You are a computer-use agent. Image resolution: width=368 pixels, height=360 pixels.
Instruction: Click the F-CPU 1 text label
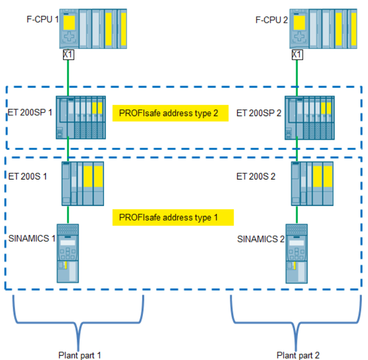(42, 21)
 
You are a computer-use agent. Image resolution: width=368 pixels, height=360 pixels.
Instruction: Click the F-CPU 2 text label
(272, 21)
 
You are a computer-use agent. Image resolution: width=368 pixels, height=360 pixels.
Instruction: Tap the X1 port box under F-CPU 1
(68, 54)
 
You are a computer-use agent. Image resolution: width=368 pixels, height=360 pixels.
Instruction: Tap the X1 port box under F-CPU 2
(298, 54)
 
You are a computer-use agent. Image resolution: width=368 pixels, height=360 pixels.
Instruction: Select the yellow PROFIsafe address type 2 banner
(170, 113)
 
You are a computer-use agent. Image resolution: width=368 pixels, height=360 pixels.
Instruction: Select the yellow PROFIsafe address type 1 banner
(172, 217)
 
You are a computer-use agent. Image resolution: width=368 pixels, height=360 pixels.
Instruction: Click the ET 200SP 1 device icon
(81, 117)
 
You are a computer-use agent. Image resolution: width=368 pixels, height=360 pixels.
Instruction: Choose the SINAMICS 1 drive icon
(67, 253)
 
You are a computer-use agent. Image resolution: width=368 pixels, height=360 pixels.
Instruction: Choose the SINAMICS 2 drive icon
(297, 253)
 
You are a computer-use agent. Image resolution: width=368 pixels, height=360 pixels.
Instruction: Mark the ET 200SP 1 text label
(30, 113)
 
